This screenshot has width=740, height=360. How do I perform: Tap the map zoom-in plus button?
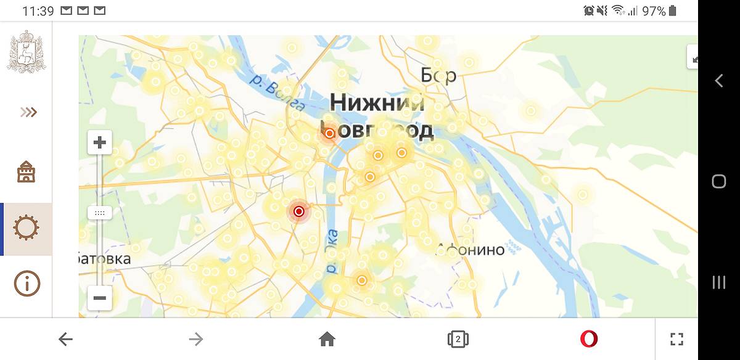coord(99,144)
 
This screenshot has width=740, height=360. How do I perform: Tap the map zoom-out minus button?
coord(99,299)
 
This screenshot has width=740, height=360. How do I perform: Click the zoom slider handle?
coord(99,213)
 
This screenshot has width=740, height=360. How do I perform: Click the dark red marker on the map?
coord(299,211)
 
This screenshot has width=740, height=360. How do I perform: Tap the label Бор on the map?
coord(438,76)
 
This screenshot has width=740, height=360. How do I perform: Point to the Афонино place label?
coord(471,250)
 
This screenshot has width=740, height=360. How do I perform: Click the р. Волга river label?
coord(277,92)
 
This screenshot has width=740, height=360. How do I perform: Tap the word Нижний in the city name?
coord(377,103)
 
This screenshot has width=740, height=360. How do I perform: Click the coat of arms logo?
coord(26,52)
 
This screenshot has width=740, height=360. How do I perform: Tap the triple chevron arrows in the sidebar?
coord(28,112)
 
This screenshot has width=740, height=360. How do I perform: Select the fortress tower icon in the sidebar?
coord(27,171)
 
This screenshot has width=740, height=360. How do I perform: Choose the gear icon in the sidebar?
coord(27,228)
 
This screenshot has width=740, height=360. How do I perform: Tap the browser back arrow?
coord(65,338)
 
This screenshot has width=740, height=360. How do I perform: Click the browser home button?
coord(327,338)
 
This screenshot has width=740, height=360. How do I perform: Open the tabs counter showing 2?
coord(458,338)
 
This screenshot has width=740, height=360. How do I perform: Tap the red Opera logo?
coord(588,338)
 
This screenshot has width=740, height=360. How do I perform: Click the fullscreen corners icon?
coord(676,338)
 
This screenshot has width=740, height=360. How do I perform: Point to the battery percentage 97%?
coord(654,11)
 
